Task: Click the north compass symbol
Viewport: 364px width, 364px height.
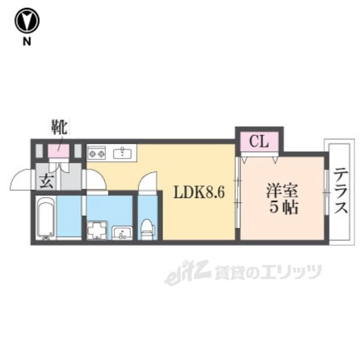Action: pyautogui.click(x=27, y=21)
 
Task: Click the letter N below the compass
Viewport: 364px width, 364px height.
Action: pyautogui.click(x=27, y=41)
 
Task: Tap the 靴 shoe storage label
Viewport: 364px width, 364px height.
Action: pyautogui.click(x=59, y=126)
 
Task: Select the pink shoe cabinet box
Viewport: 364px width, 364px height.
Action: pyautogui.click(x=59, y=151)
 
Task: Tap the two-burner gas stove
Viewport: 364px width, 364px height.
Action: pyautogui.click(x=97, y=152)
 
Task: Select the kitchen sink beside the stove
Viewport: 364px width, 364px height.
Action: pyautogui.click(x=122, y=152)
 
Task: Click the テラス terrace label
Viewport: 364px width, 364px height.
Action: pyautogui.click(x=341, y=191)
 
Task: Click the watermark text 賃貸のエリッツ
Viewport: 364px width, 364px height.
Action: pyautogui.click(x=267, y=272)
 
